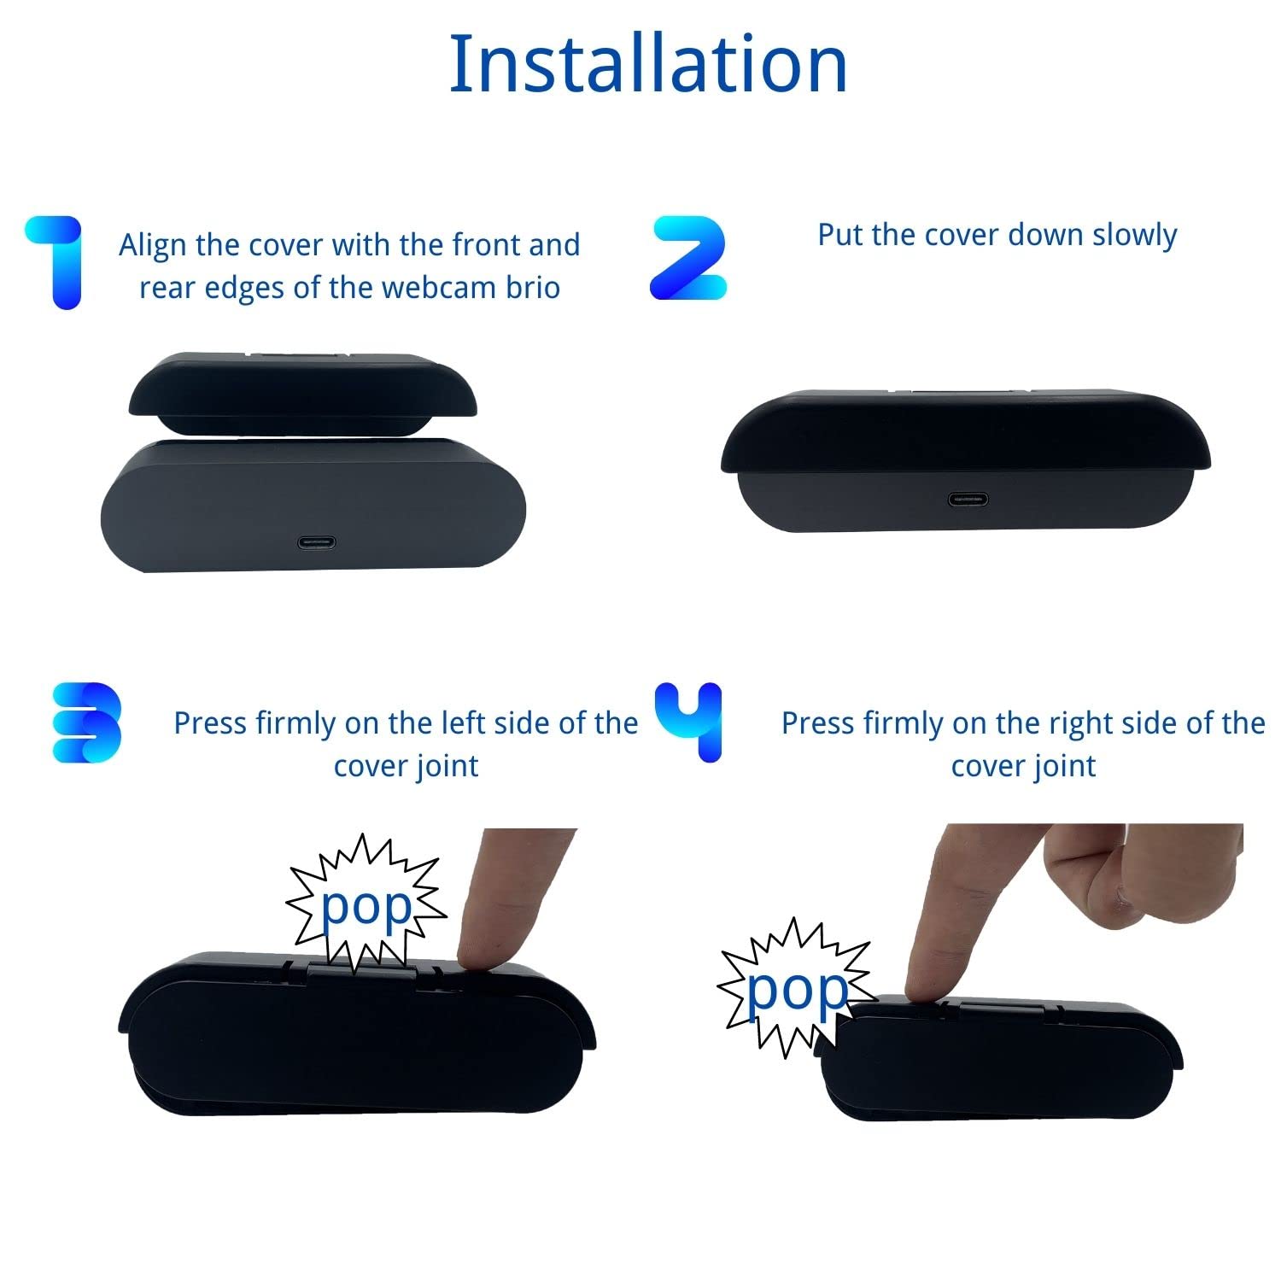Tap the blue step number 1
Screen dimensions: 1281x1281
[57, 261]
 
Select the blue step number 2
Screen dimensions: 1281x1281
[688, 258]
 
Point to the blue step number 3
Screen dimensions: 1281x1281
[86, 722]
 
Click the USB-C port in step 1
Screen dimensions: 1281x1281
[317, 542]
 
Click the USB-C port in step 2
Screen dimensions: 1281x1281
[968, 500]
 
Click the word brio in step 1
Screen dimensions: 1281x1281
[533, 288]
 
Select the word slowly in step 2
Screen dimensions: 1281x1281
[1135, 235]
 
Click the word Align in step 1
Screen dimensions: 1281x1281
[153, 245]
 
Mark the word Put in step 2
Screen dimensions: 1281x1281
[839, 235]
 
